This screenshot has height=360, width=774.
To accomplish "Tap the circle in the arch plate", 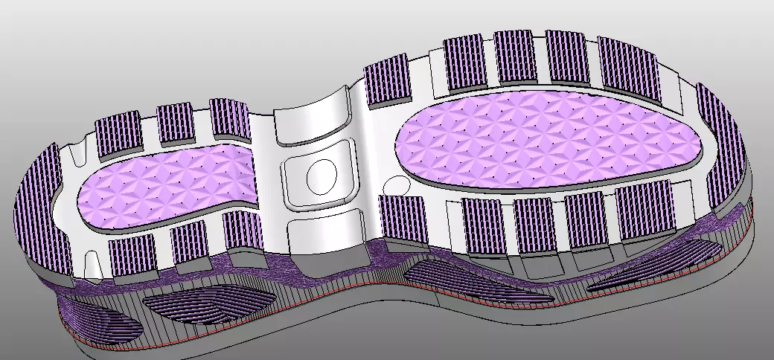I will [x=322, y=176].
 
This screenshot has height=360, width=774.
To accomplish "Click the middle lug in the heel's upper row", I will [x=176, y=123].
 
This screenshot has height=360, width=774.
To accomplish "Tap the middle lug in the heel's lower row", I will [x=191, y=242].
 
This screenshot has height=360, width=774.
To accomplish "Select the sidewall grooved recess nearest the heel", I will [x=103, y=324].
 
